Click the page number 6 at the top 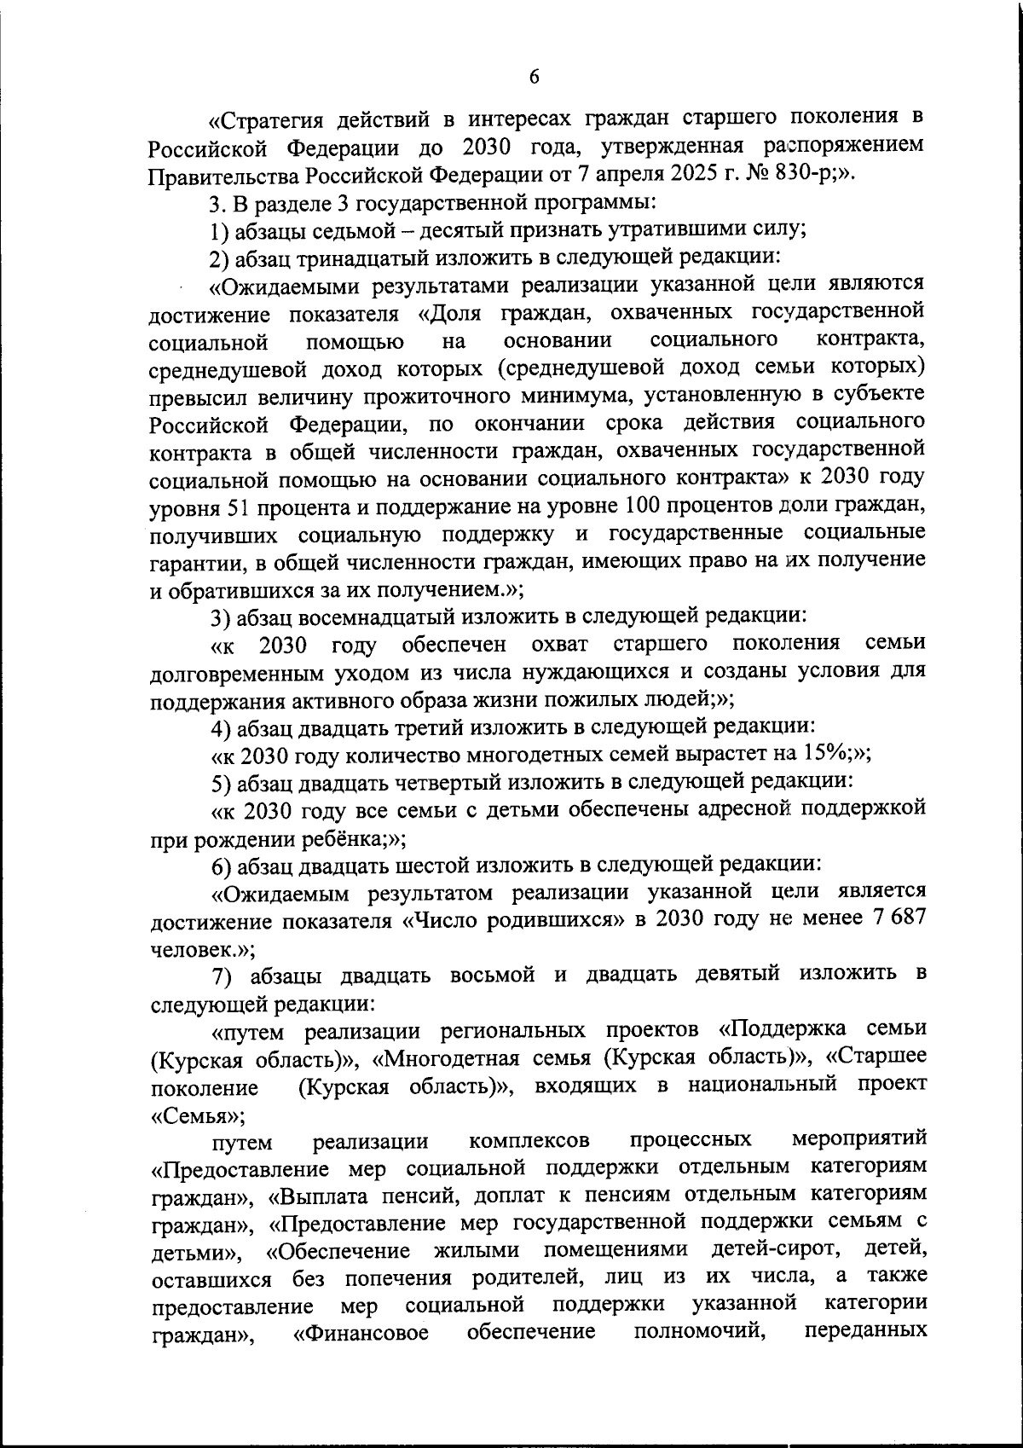[535, 76]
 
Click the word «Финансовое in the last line [361, 1334]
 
